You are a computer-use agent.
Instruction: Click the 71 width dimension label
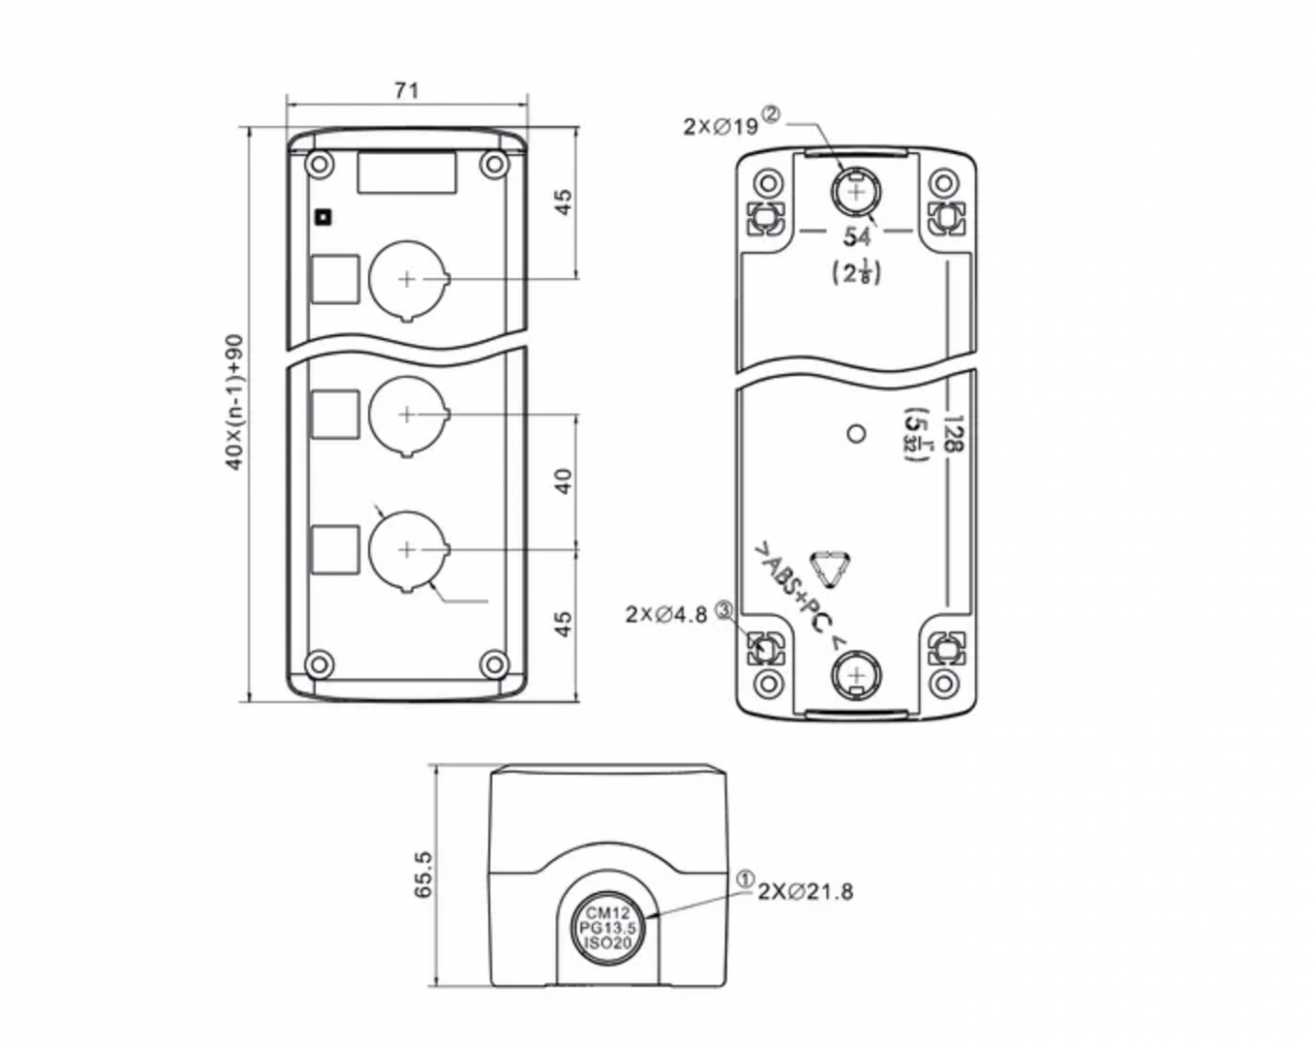[x=407, y=90]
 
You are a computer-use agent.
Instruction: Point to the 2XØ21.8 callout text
[x=805, y=891]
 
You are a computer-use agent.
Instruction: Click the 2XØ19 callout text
[x=720, y=126]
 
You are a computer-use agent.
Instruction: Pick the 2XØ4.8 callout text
[x=667, y=614]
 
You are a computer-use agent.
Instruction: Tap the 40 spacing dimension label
[x=564, y=481]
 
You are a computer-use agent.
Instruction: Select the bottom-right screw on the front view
[x=495, y=664]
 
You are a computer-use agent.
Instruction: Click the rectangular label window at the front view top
[x=407, y=173]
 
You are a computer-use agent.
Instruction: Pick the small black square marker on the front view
[x=324, y=217]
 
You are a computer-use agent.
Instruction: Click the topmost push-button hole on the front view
[x=408, y=279]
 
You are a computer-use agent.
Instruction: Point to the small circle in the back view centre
[x=855, y=432]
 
